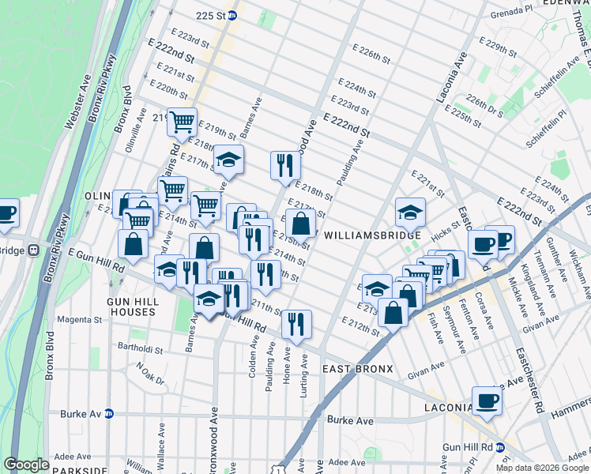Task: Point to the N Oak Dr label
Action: click(149, 372)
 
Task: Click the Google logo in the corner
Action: click(26, 465)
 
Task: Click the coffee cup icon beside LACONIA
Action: click(487, 401)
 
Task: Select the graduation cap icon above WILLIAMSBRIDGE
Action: click(410, 212)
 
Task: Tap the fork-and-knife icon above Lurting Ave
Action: click(296, 324)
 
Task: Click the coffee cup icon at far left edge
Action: click(6, 214)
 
